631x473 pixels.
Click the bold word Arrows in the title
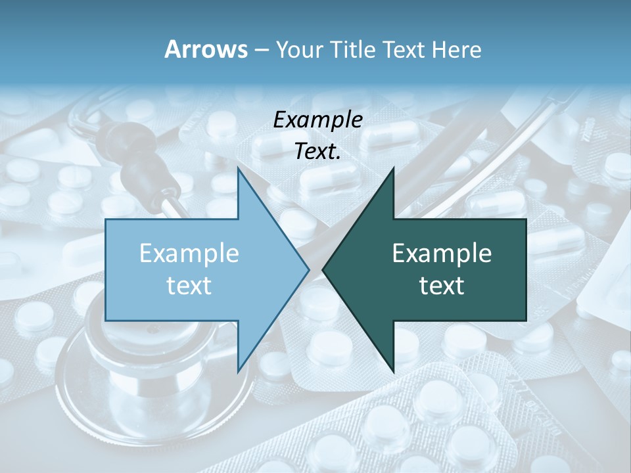[206, 49]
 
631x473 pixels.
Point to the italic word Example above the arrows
[317, 120]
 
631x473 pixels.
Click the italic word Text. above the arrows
[317, 152]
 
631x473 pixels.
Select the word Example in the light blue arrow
[189, 254]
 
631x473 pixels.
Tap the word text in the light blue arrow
[189, 285]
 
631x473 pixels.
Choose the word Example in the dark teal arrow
[442, 254]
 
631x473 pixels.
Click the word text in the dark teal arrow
[442, 285]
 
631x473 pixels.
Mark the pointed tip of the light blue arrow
[309, 269]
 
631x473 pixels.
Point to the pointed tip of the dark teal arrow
[323, 269]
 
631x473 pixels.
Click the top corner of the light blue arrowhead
[238, 168]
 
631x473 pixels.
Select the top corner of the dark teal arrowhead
[393, 168]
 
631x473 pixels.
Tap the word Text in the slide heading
[406, 49]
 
